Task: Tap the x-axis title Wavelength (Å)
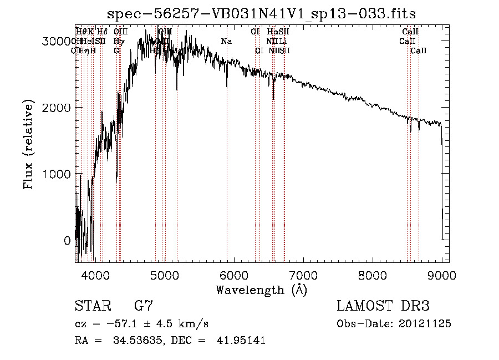(x=262, y=290)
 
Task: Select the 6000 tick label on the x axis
(x=234, y=275)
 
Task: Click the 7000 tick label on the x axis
(x=303, y=275)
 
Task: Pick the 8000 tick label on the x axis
(x=373, y=275)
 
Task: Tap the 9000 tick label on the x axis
(x=442, y=275)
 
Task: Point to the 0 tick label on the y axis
(x=67, y=241)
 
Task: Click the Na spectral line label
(x=226, y=41)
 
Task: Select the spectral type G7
(x=144, y=306)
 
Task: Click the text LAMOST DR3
(x=383, y=306)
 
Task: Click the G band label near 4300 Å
(x=116, y=50)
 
